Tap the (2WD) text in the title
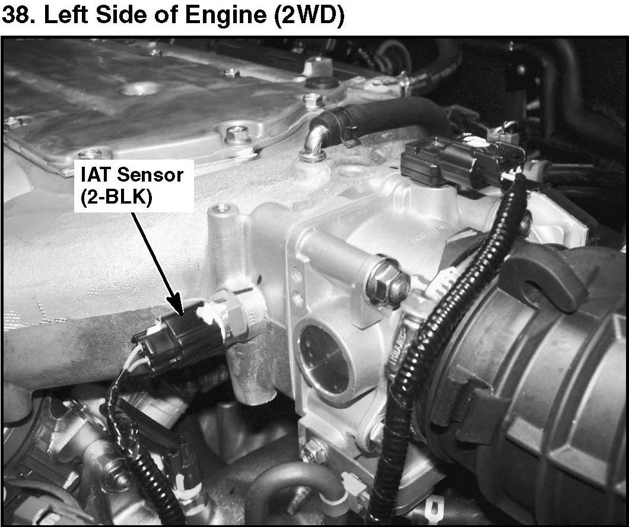point(309,16)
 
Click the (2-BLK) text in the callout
point(116,197)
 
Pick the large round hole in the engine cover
point(141,88)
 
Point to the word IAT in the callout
point(96,174)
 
